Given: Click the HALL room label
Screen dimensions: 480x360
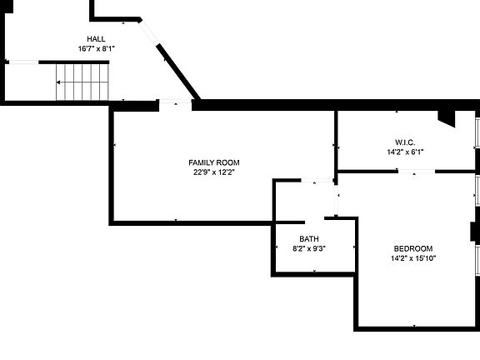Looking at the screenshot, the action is tap(96, 39).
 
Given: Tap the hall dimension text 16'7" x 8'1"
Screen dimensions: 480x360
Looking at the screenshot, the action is tap(96, 48).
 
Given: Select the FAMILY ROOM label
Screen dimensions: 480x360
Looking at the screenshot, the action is tap(214, 162).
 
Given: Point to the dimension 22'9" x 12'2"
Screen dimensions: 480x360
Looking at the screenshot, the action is tap(214, 172).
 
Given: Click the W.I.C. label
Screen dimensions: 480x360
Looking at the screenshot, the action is tap(405, 142).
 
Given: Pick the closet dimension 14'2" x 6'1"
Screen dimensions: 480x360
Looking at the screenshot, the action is tap(405, 152).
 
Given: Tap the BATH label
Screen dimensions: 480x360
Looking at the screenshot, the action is tap(309, 239).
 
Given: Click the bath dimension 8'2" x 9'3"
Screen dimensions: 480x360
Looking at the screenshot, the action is tap(309, 248).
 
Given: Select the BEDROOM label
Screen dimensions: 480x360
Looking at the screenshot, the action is tap(413, 248).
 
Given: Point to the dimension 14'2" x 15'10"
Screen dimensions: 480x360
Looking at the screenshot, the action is tap(413, 258).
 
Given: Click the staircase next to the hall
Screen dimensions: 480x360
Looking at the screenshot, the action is tap(82, 82).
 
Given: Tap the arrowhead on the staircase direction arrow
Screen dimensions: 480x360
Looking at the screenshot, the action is tap(58, 82).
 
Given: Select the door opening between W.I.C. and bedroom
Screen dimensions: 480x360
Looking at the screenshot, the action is tap(417, 172).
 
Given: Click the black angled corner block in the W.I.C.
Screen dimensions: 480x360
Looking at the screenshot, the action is tap(447, 118).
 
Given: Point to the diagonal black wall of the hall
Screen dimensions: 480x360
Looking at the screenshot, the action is tap(178, 72).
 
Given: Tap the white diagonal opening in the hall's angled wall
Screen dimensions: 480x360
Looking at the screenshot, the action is tap(149, 32).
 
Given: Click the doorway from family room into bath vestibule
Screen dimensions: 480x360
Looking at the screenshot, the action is tap(317, 181).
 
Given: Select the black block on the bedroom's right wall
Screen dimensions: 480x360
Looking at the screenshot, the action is tap(475, 232).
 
